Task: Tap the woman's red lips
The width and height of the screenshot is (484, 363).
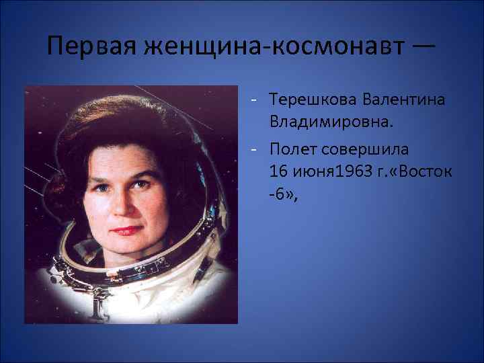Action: point(126,230)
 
